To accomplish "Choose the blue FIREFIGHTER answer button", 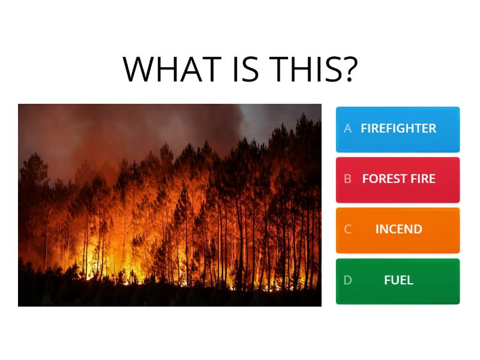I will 398,129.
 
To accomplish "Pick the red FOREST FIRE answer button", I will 398,179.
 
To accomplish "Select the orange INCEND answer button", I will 398,230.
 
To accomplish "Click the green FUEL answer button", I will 398,281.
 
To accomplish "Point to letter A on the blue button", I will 347,128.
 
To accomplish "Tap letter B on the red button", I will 347,179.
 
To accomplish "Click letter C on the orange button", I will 347,229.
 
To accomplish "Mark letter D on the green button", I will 347,280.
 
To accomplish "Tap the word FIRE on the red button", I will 423,179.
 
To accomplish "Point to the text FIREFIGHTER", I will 398,128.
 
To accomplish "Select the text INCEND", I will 398,229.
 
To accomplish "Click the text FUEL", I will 398,280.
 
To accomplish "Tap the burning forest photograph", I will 170,205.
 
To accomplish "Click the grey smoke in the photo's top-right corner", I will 288,120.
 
